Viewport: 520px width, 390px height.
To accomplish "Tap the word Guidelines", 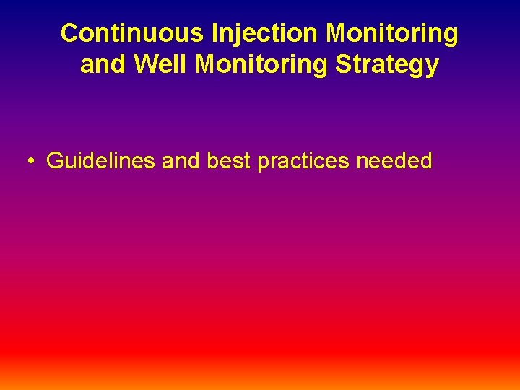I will click(101, 160).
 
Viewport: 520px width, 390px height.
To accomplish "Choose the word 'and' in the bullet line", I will click(181, 160).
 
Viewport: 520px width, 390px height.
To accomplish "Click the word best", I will click(228, 160).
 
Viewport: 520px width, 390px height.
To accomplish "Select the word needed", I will click(394, 160).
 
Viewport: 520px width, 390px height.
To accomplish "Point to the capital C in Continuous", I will click(70, 33).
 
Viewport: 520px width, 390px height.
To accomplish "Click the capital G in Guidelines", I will click(55, 160).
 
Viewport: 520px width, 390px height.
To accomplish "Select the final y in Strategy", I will click(432, 67).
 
